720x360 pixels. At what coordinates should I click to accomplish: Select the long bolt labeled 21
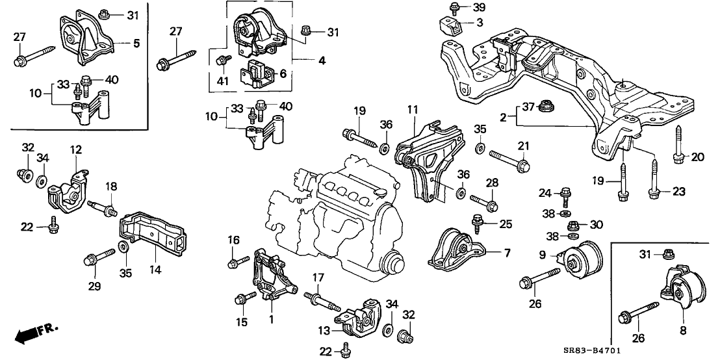[x=509, y=159]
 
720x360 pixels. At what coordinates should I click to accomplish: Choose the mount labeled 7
[x=457, y=250]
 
